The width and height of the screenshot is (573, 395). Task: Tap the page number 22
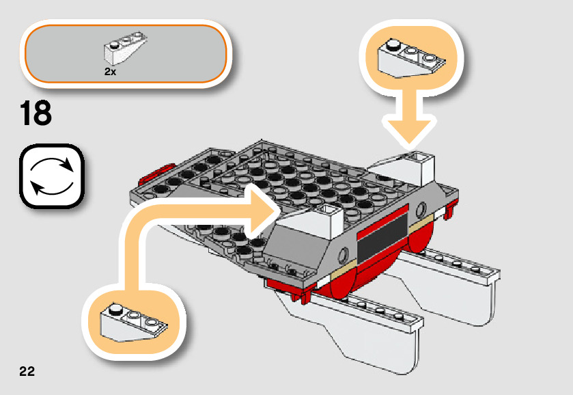coord(27,372)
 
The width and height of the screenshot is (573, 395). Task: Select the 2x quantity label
coord(110,70)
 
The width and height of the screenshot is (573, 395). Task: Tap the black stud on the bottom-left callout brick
coord(116,310)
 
